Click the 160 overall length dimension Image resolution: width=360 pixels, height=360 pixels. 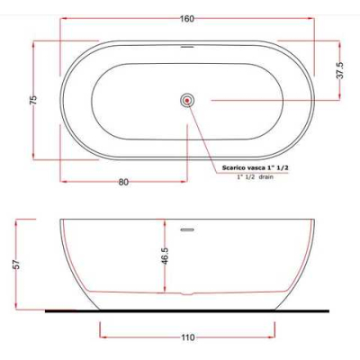click(x=187, y=19)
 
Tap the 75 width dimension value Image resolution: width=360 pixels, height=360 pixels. click(x=34, y=100)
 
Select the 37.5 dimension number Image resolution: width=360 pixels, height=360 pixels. click(x=341, y=70)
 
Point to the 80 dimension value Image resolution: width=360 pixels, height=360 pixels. click(x=123, y=182)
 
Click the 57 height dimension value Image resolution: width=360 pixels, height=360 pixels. click(x=17, y=265)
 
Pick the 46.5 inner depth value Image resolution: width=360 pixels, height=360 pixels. click(x=166, y=256)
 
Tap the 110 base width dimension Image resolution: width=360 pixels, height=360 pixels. click(x=188, y=337)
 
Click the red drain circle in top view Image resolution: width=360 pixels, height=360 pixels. click(x=188, y=101)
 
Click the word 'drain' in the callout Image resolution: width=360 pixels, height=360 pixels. click(x=266, y=177)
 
